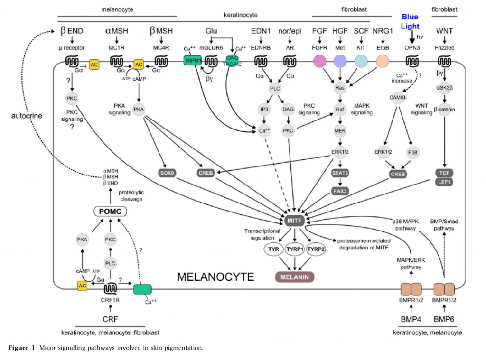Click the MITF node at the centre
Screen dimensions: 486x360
click(x=294, y=221)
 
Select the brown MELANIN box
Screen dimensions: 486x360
click(x=294, y=277)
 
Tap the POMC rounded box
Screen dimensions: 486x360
click(x=110, y=211)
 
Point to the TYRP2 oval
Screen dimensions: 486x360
click(x=316, y=249)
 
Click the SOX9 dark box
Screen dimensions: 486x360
click(x=167, y=173)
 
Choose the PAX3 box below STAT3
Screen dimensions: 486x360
click(x=340, y=191)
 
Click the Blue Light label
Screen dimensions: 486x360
click(x=410, y=21)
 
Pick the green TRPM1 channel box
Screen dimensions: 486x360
click(x=193, y=60)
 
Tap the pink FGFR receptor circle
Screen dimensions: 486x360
click(x=319, y=61)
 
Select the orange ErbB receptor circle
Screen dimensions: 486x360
click(x=383, y=61)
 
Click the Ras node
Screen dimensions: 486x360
click(x=340, y=88)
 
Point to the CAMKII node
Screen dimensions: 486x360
click(x=398, y=98)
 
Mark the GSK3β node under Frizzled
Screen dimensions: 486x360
click(x=444, y=88)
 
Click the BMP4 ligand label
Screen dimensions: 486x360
click(x=411, y=319)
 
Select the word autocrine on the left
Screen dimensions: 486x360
click(x=27, y=116)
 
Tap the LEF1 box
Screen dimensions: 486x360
click(x=444, y=182)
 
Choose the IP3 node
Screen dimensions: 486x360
click(x=264, y=110)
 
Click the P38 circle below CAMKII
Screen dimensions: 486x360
click(x=412, y=152)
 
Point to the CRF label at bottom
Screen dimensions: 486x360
click(x=110, y=319)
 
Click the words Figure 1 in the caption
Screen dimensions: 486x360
click(x=22, y=348)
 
